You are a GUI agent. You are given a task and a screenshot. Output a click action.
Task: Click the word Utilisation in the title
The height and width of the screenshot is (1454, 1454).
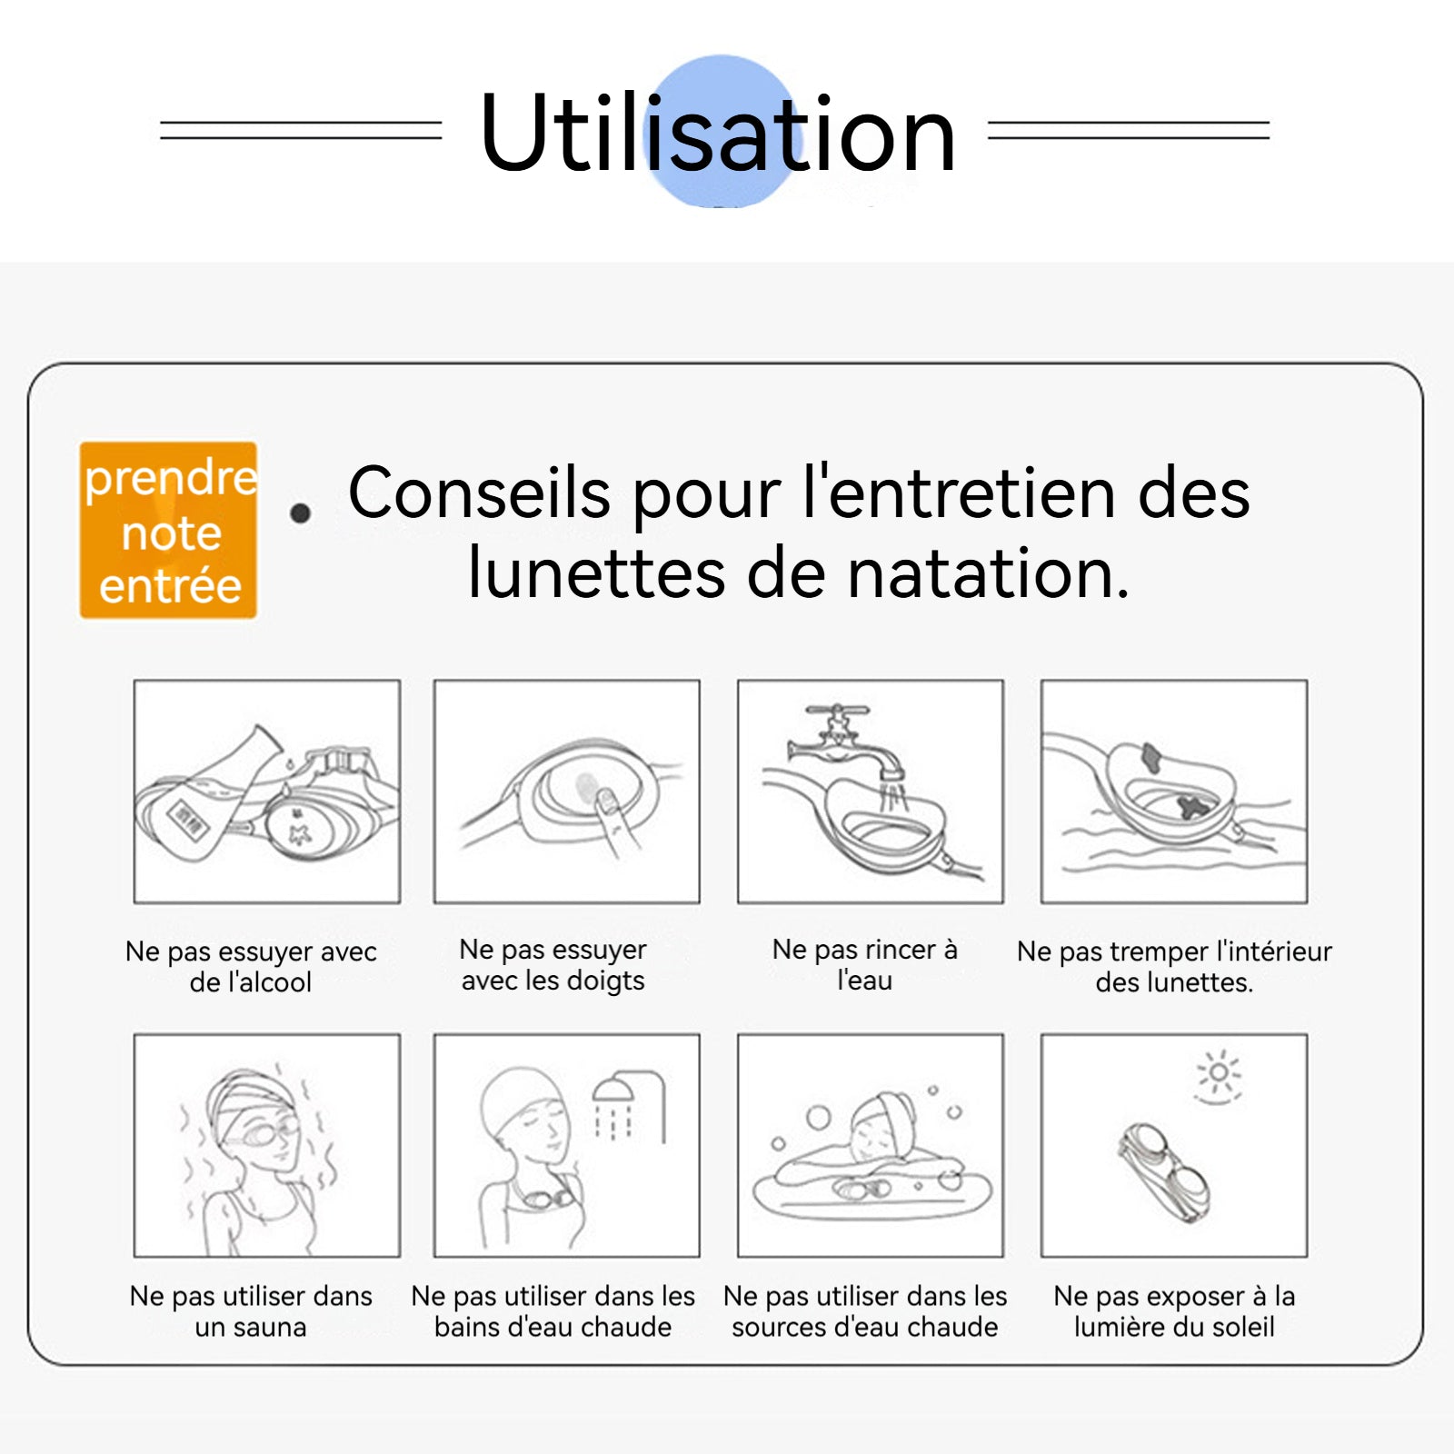click(718, 133)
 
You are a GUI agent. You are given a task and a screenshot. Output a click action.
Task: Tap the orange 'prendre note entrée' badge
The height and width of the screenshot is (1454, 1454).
click(168, 530)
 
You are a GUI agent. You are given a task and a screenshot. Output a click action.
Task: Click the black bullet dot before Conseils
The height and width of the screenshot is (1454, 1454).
click(300, 513)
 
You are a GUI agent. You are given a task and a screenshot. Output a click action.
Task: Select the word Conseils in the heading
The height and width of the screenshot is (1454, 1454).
click(479, 493)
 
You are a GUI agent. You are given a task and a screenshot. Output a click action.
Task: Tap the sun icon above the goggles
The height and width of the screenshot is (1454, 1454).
click(1219, 1076)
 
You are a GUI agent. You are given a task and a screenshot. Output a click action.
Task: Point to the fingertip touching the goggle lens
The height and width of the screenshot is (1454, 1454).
click(604, 800)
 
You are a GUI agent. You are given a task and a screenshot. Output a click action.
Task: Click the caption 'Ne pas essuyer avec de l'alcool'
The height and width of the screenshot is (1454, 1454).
click(251, 967)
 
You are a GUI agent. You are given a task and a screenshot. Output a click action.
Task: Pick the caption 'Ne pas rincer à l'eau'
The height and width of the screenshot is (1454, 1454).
click(864, 965)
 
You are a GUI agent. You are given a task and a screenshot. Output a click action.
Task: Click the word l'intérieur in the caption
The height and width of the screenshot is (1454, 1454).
click(1274, 951)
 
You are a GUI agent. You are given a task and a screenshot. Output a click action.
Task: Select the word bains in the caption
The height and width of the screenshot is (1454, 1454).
click(468, 1327)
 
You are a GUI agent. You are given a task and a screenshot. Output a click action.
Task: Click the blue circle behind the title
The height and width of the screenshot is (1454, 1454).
click(722, 130)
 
